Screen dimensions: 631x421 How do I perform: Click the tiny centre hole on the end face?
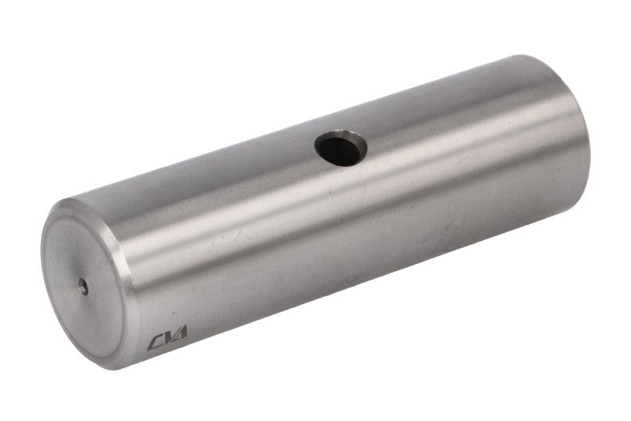pos(84,286)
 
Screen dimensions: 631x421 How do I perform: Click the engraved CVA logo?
pos(167,337)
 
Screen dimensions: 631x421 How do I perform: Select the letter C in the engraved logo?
pos(155,343)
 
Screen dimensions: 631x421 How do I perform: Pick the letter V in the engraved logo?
pos(168,337)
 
